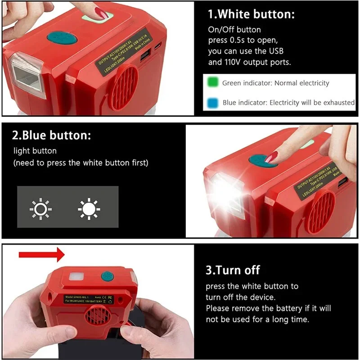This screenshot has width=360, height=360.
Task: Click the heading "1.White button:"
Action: click(x=251, y=14)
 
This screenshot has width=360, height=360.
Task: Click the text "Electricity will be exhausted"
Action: click(x=312, y=103)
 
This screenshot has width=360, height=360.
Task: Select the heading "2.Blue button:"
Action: click(x=52, y=135)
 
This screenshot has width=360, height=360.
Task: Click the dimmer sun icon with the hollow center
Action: click(x=40, y=208)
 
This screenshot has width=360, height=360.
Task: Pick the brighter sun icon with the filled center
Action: click(x=89, y=208)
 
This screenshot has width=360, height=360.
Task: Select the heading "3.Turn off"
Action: click(x=233, y=270)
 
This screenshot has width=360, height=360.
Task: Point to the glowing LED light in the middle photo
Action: click(x=224, y=189)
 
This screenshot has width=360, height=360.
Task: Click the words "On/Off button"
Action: click(x=234, y=30)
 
